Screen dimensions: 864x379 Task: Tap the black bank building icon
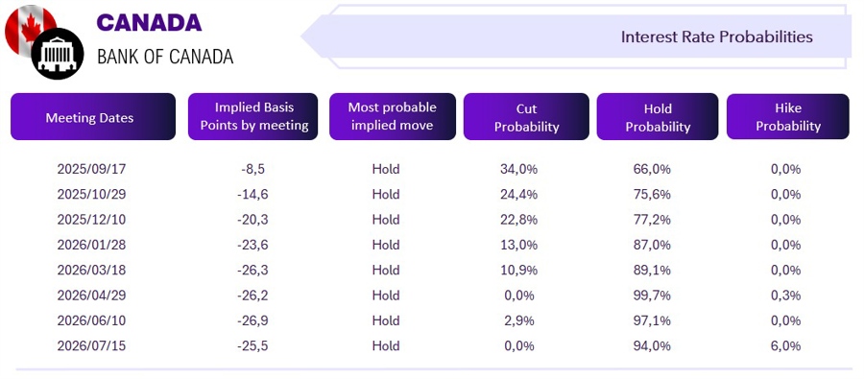[x=58, y=54]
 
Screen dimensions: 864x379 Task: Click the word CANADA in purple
[x=149, y=23]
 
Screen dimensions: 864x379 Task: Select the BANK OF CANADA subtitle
[x=165, y=57]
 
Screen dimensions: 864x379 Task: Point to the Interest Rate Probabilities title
[x=717, y=36]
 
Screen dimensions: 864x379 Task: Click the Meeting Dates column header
[x=92, y=117]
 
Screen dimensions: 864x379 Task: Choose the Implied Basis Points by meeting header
[x=253, y=117]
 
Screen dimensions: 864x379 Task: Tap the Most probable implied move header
[x=393, y=117]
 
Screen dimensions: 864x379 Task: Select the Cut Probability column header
[x=526, y=117]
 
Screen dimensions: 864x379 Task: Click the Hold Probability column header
[x=658, y=117]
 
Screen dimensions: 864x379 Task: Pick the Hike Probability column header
[x=788, y=117]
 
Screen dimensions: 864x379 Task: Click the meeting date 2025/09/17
[x=91, y=169]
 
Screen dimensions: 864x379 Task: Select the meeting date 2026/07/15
[x=91, y=346]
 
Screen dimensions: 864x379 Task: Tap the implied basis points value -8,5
[x=252, y=169]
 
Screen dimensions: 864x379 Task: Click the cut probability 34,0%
[x=518, y=169]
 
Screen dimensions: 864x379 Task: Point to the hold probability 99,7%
[x=653, y=296]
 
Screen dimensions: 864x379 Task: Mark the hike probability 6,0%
[x=785, y=346]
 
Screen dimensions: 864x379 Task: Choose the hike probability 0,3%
[x=785, y=296]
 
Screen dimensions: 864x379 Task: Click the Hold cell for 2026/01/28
[x=386, y=245]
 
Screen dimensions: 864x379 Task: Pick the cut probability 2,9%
[x=518, y=320]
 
